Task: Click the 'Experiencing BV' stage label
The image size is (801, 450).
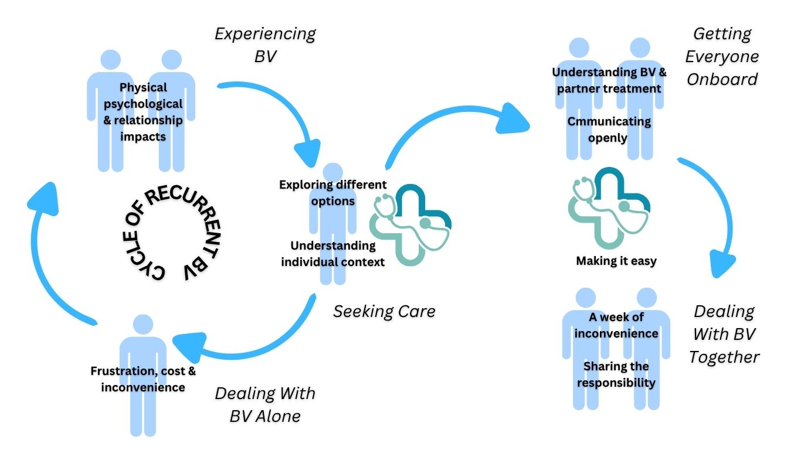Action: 265,45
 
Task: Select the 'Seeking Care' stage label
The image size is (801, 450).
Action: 385,311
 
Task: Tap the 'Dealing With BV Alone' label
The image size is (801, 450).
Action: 265,405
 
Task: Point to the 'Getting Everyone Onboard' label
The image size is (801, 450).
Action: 722,56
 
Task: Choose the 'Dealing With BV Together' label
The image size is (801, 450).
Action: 724,334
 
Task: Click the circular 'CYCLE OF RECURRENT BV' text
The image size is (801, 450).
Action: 171,233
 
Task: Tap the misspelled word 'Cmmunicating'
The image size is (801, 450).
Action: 609,121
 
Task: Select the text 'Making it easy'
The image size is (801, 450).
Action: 616,261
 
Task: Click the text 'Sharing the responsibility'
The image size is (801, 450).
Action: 616,374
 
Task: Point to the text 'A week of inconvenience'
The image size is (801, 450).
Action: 616,325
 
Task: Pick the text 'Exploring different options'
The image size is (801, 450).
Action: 333,193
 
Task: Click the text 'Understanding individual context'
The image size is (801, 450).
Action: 333,253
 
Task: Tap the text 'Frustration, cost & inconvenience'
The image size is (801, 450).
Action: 143,379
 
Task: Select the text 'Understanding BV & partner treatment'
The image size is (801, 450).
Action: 609,80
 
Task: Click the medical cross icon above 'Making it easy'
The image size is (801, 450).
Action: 609,207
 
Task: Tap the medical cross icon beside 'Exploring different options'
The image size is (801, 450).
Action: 410,225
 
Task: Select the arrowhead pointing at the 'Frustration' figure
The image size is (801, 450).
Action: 189,346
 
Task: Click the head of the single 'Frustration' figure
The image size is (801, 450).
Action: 143,325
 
